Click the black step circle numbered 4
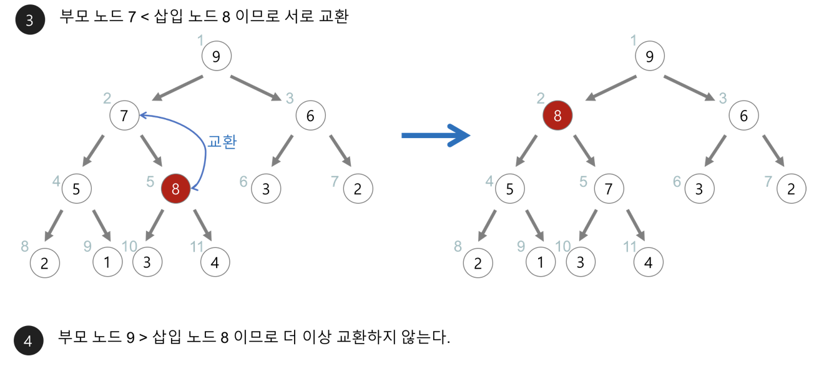[x=28, y=340]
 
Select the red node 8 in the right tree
[x=557, y=116]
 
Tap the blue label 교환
[x=222, y=142]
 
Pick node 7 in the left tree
[x=124, y=116]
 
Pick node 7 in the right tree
[x=609, y=189]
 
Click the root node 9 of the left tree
[x=216, y=57]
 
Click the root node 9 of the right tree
[x=650, y=57]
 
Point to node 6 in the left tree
[x=310, y=116]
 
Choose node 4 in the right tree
[x=649, y=262]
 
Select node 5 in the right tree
[x=510, y=189]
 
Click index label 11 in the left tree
[x=197, y=246]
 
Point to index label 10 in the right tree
[x=562, y=246]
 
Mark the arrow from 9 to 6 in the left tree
[x=256, y=87]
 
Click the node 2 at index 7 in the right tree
[x=792, y=189]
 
